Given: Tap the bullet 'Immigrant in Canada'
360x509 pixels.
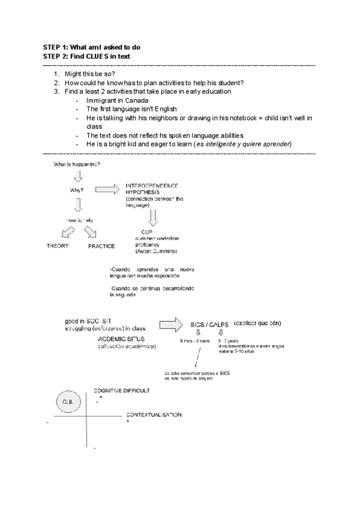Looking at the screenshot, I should pyautogui.click(x=118, y=101).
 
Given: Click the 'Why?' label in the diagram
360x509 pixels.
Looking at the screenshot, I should pyautogui.click(x=77, y=191).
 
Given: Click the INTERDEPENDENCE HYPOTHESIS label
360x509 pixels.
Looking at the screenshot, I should pyautogui.click(x=152, y=188).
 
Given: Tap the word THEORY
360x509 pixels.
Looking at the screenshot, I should pyautogui.click(x=58, y=246).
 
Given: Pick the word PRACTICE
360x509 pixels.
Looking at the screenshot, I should pyautogui.click(x=101, y=246).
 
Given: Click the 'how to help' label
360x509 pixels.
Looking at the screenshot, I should pyautogui.click(x=79, y=220).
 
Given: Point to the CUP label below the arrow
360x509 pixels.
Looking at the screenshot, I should pyautogui.click(x=147, y=232).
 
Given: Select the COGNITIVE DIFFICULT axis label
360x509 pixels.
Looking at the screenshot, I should pyautogui.click(x=122, y=391).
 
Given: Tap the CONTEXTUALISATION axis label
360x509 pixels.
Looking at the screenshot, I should pyautogui.click(x=154, y=415).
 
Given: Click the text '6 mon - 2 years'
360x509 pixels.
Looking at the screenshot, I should pyautogui.click(x=195, y=341).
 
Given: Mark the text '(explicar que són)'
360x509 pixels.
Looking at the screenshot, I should pyautogui.click(x=258, y=323).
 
